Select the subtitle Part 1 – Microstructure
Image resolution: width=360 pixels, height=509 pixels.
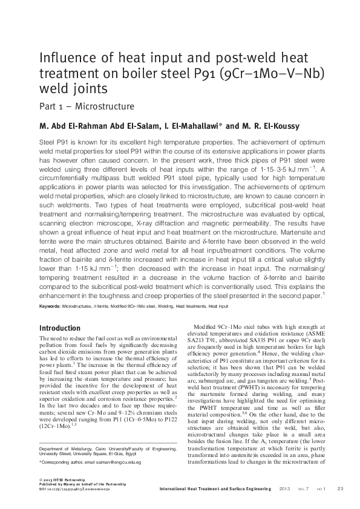click(87, 106)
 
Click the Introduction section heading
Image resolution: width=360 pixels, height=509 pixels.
click(59, 328)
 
